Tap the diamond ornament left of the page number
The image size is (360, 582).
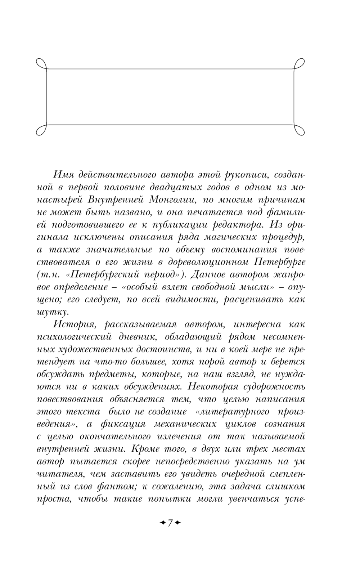pos(162,523)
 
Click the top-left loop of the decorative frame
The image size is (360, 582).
pos(42,64)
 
